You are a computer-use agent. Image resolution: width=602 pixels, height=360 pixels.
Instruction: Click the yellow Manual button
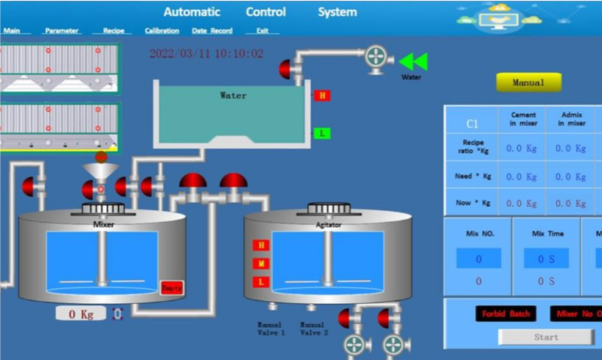point(529,82)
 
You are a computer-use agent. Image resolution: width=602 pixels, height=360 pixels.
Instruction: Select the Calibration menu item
point(162,31)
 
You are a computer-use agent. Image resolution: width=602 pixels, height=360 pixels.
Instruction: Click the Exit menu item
point(262,31)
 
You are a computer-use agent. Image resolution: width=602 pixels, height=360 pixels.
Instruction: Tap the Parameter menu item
point(62,31)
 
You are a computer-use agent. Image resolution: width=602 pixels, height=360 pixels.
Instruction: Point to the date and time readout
point(207,54)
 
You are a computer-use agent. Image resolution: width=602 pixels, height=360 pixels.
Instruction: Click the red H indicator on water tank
point(322,96)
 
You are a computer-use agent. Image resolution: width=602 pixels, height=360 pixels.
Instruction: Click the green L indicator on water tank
point(322,134)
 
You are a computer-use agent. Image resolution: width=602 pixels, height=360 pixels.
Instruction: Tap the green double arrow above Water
point(413,62)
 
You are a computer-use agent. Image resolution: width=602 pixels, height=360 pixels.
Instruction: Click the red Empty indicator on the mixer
point(171,288)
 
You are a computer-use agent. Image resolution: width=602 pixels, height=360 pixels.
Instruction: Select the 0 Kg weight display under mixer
point(81,314)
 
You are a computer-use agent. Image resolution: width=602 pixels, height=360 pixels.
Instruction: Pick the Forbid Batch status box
point(506,314)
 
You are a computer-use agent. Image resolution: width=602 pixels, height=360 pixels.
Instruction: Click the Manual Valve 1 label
point(271,329)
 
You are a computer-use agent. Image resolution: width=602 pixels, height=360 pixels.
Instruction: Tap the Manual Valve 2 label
point(313,329)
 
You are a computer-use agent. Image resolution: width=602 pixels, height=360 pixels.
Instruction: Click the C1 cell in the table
point(472,124)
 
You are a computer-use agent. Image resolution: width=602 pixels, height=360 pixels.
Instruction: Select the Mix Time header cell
point(548,234)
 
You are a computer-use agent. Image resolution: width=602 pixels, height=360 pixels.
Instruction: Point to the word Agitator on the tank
point(329,225)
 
